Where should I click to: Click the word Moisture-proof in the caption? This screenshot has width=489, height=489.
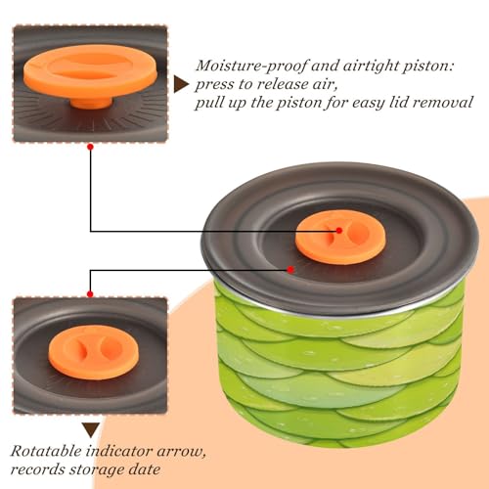click(x=251, y=67)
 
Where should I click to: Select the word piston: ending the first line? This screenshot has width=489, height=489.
click(x=427, y=67)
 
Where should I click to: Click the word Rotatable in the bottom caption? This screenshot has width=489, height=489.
click(x=46, y=452)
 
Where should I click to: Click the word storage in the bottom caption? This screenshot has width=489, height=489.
click(x=96, y=470)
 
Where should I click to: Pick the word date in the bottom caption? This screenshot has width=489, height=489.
click(x=145, y=469)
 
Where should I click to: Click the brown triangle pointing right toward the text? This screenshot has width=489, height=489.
click(x=181, y=84)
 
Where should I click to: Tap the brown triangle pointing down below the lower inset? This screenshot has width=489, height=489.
click(x=91, y=430)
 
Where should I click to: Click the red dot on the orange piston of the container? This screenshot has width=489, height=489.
click(x=339, y=231)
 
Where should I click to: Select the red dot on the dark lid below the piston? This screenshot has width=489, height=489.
click(x=290, y=270)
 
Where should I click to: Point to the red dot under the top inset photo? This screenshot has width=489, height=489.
click(x=90, y=147)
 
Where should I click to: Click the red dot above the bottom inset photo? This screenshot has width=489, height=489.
click(x=90, y=294)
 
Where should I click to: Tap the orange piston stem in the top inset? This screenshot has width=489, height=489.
click(x=92, y=103)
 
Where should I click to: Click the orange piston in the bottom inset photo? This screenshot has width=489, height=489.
click(x=94, y=352)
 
